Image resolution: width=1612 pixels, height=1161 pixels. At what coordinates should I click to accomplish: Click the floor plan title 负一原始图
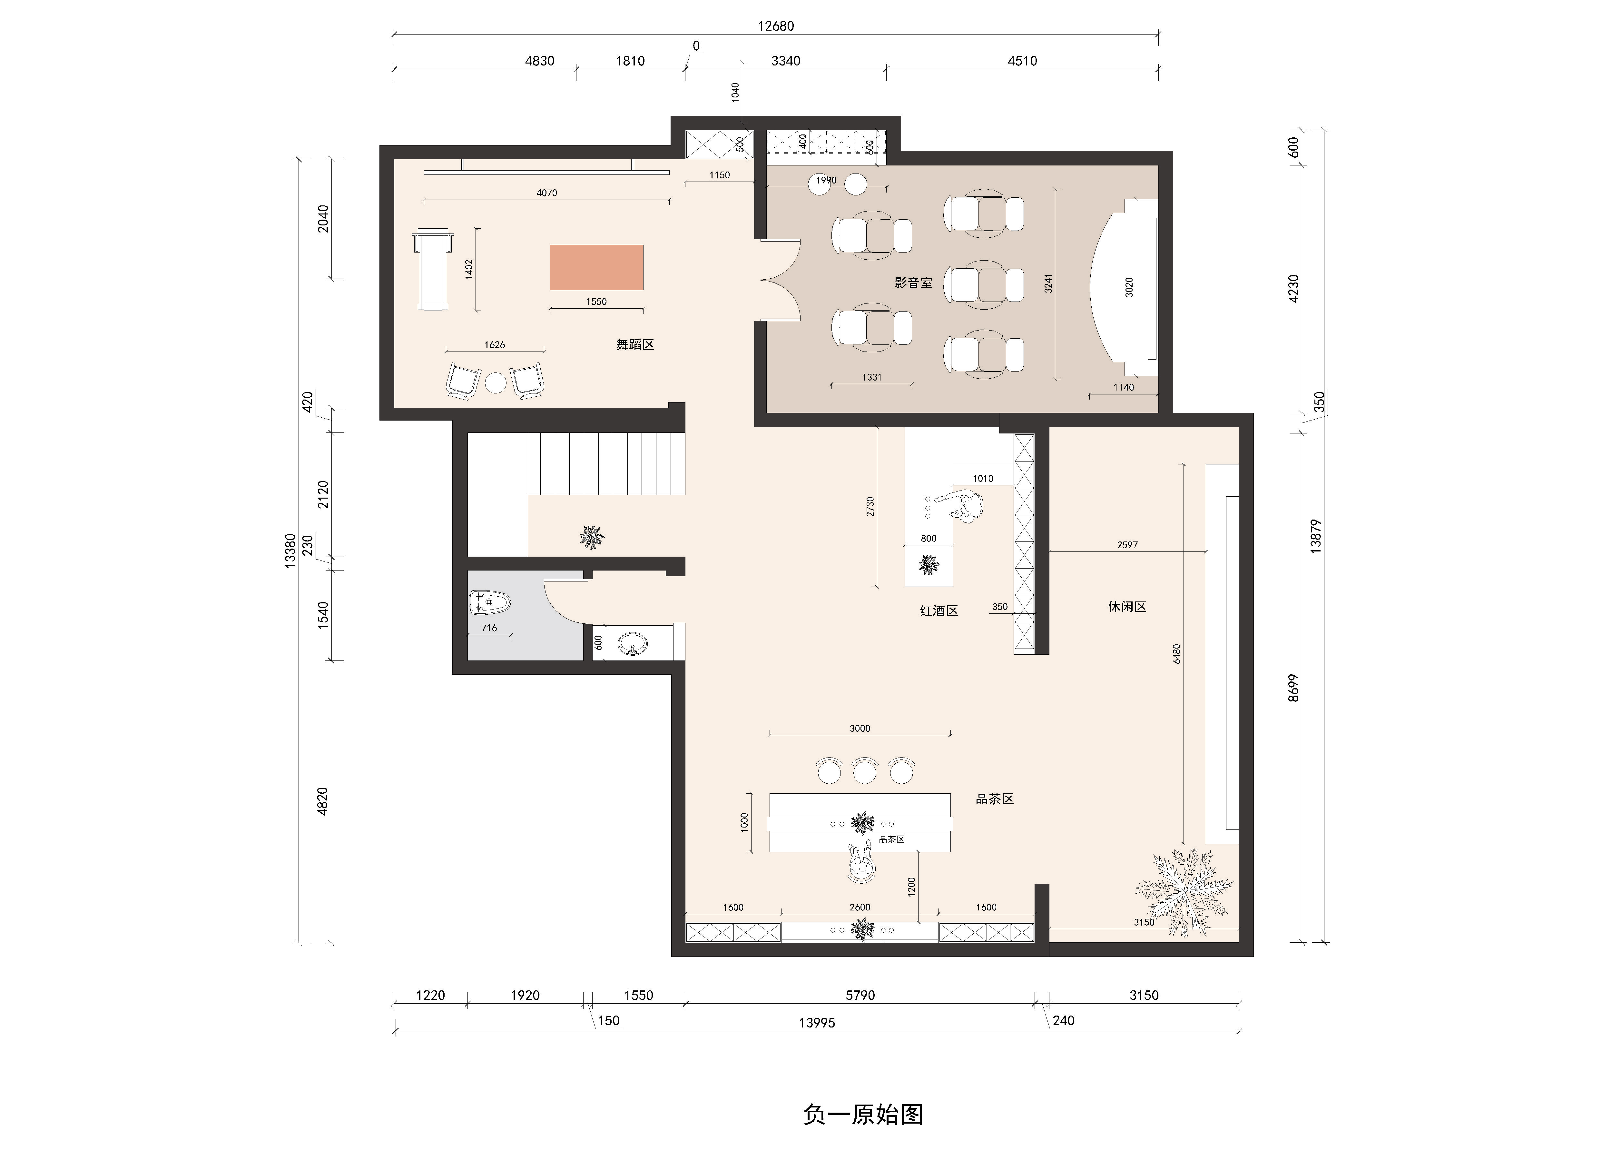[863, 1114]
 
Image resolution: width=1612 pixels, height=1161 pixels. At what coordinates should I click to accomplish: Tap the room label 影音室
[913, 282]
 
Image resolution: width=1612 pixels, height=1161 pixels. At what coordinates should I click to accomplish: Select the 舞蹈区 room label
[635, 345]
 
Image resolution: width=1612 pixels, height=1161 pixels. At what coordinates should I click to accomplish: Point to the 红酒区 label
[939, 611]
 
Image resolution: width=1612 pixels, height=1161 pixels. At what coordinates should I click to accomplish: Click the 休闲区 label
[1127, 606]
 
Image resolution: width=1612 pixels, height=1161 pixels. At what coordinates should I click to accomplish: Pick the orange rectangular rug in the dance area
[596, 267]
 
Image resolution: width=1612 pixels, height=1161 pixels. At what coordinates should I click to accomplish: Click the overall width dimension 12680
[775, 26]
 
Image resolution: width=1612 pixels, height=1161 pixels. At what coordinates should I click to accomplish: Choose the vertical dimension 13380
[289, 550]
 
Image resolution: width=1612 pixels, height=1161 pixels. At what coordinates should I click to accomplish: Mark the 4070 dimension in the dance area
[546, 193]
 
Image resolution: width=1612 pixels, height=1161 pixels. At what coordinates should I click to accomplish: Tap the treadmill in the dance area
[433, 270]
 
